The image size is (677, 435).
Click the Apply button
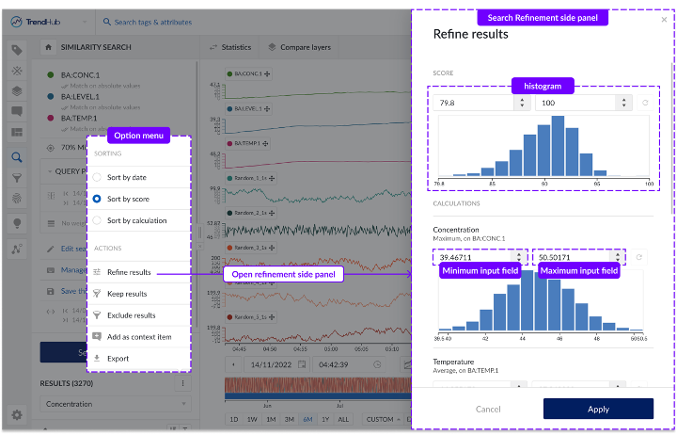pos(598,409)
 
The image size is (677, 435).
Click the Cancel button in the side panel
pos(488,409)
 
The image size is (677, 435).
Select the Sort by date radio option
pos(97,177)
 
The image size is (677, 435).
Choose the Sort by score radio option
pos(97,199)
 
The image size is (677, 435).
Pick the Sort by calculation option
pos(97,220)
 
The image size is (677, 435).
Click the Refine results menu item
pos(129,272)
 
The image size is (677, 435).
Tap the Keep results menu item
pos(127,294)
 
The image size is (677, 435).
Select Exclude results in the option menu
pos(131,315)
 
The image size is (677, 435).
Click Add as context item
pos(139,337)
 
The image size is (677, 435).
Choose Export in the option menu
pos(118,359)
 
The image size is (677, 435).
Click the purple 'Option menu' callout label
pos(139,136)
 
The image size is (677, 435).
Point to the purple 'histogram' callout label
pos(543,86)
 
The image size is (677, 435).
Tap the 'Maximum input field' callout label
pos(579,271)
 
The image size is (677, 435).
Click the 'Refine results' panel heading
pos(470,34)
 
